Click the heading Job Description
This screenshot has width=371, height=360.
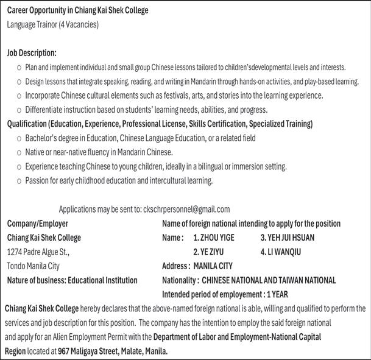click(32, 53)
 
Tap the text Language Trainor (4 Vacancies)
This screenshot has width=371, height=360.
click(52, 25)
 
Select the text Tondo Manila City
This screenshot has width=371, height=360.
click(37, 266)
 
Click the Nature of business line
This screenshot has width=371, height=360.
click(72, 280)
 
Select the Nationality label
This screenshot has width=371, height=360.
click(180, 280)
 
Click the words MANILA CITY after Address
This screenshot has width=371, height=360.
click(213, 266)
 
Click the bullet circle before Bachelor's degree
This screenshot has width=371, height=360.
click(19, 139)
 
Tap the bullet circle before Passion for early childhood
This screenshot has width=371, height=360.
click(19, 181)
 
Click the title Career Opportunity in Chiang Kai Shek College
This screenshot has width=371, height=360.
click(77, 11)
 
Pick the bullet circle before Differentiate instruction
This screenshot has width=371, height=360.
click(19, 110)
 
